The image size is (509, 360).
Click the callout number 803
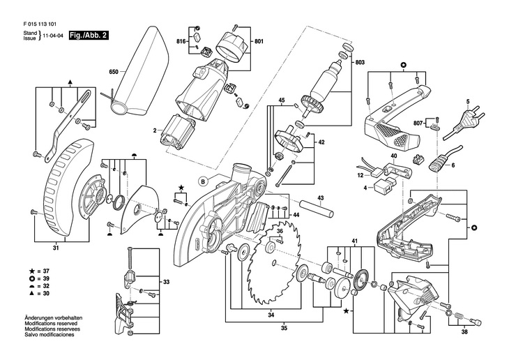tap(360, 63)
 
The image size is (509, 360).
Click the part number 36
tap(279, 230)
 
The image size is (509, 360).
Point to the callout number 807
tap(418, 124)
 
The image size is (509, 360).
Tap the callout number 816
tap(181, 43)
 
